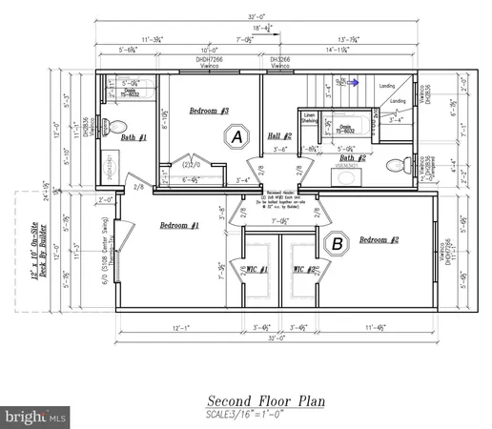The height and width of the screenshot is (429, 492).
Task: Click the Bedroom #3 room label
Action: click(209, 112)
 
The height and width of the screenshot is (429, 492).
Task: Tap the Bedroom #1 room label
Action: click(179, 225)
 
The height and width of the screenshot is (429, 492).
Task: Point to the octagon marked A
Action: click(235, 137)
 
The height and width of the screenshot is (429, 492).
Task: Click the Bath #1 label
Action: click(135, 137)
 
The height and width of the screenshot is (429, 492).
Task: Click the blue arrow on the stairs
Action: click(353, 83)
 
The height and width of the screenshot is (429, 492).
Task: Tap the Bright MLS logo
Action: click(36, 417)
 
